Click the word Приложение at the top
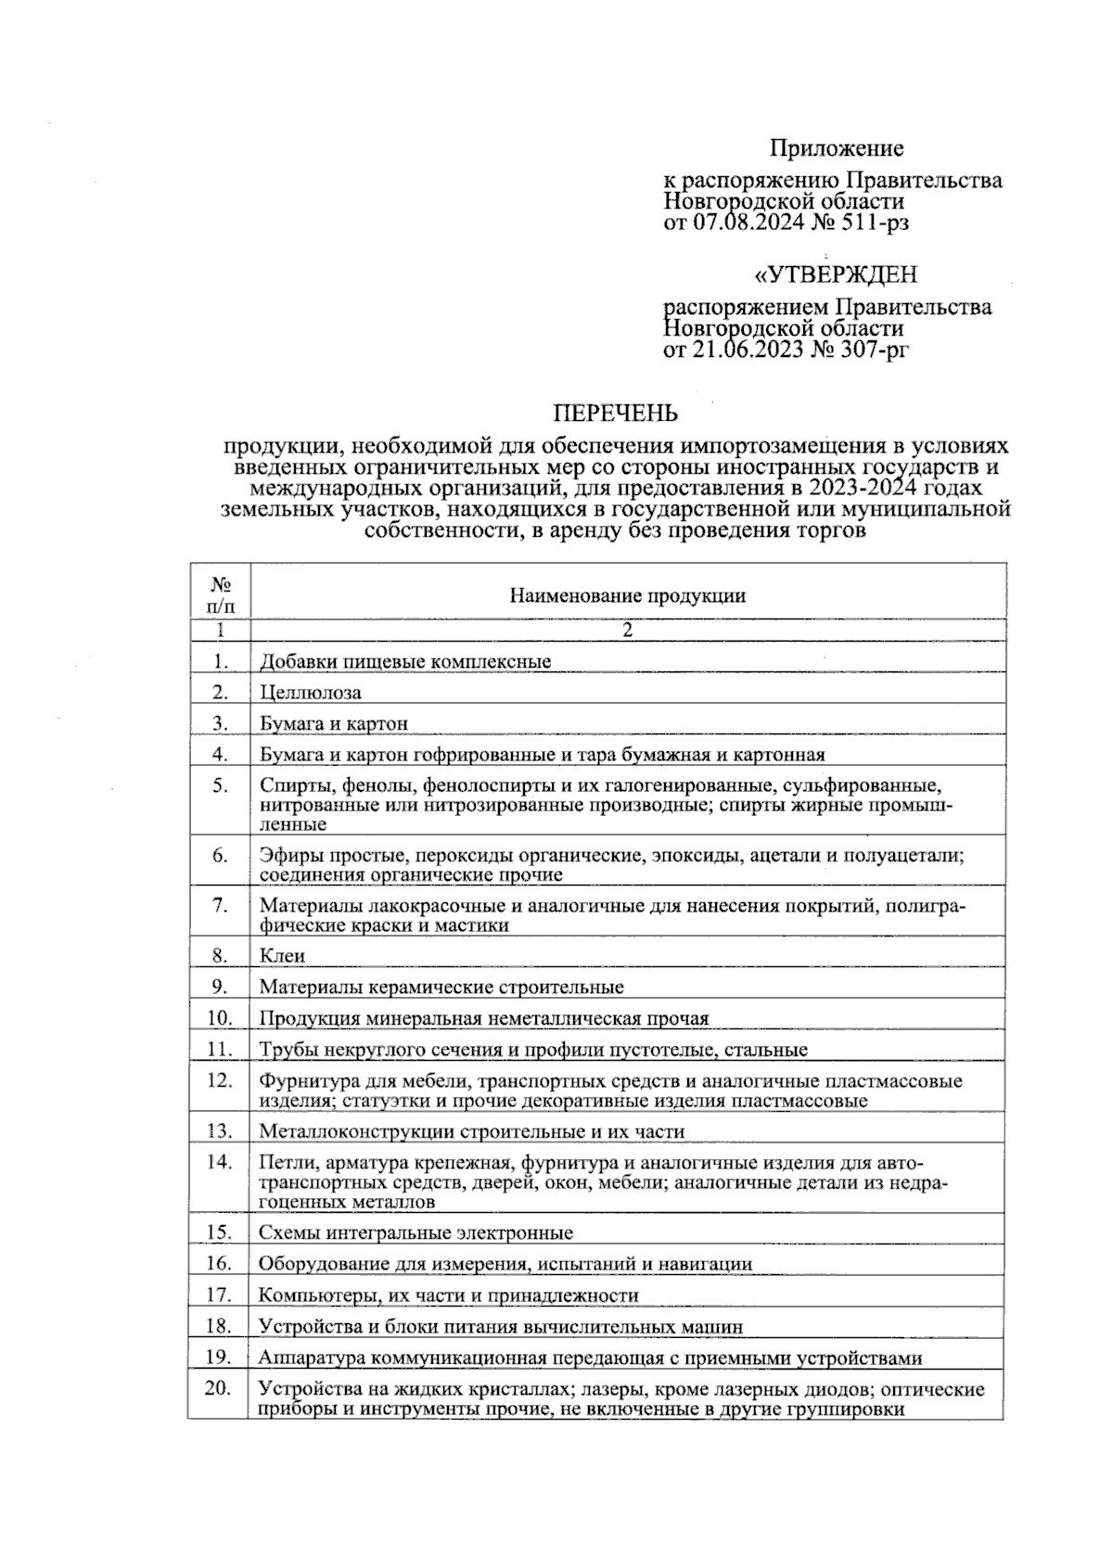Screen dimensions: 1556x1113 [x=836, y=148]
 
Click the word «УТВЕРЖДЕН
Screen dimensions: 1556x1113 [x=836, y=275]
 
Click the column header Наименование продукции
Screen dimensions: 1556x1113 [x=627, y=596]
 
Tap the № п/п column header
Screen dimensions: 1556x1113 [x=220, y=596]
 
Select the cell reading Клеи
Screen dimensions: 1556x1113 [x=282, y=956]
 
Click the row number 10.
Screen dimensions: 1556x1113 [x=220, y=1017]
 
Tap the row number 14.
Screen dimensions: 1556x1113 [x=220, y=1161]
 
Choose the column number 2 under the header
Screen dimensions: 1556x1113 [x=627, y=631]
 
